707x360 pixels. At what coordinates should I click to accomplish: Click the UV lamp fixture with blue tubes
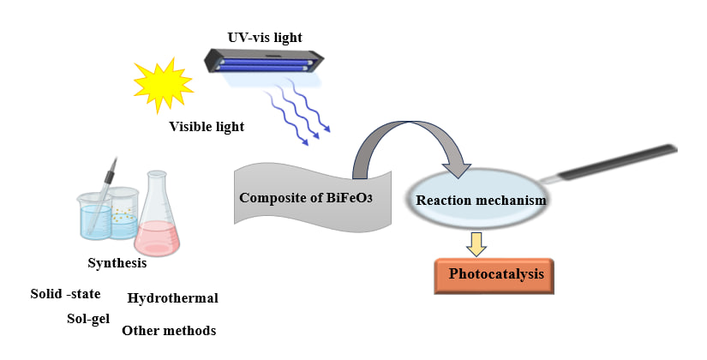click(x=265, y=63)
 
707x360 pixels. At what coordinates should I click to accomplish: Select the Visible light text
click(x=207, y=127)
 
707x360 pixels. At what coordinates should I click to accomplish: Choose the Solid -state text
click(x=65, y=294)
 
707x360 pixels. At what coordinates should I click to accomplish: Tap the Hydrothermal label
click(x=172, y=298)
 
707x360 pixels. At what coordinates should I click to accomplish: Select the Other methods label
click(x=169, y=330)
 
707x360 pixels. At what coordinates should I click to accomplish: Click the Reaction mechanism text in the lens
click(x=481, y=201)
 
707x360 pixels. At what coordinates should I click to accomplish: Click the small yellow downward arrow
click(x=477, y=244)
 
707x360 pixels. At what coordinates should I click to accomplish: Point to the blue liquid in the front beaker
click(x=94, y=223)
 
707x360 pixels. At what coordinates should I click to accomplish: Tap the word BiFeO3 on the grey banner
click(x=354, y=198)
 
